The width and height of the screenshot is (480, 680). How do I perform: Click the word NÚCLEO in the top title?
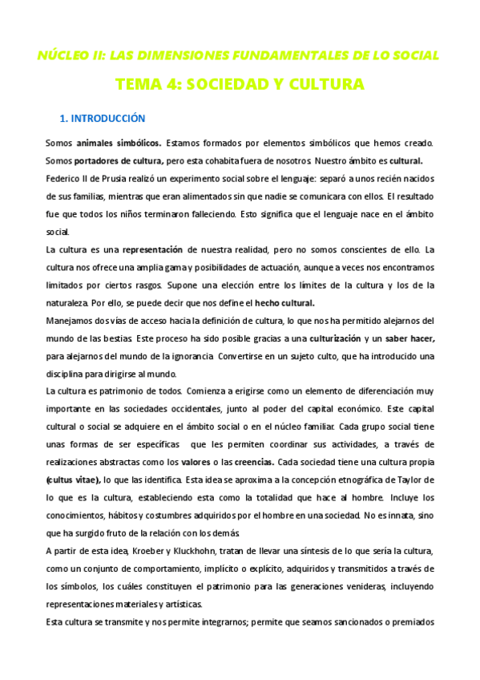click(61, 55)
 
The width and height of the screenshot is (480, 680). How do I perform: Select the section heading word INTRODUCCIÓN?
click(109, 119)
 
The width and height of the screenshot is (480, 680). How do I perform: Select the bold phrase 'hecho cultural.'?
click(284, 302)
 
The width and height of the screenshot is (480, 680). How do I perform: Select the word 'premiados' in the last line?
click(409, 621)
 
